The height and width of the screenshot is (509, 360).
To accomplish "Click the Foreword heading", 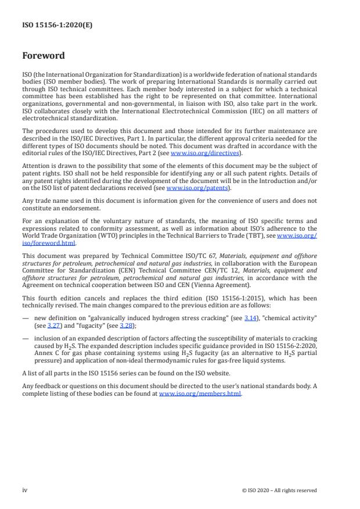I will click(44, 56).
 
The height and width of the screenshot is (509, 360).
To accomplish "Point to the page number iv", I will click(24, 490).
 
